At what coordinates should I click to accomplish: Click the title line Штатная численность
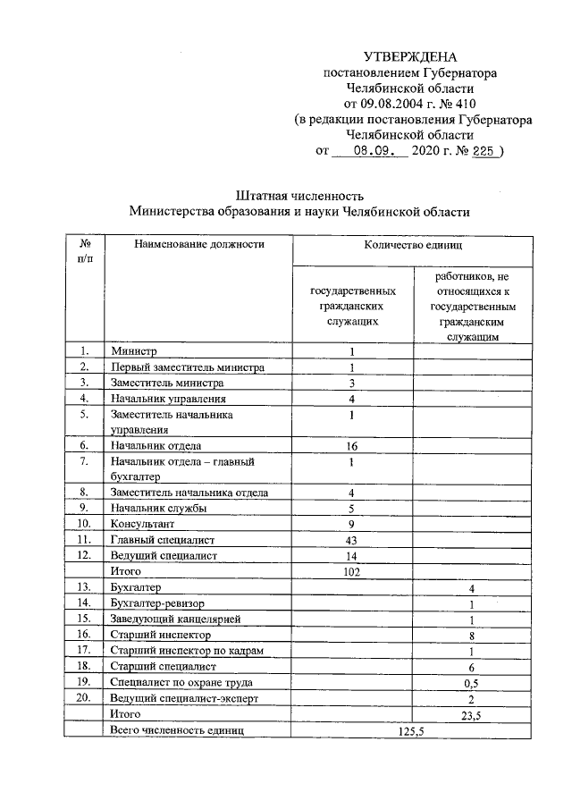[x=299, y=194]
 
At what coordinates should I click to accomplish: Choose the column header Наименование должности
[x=200, y=244]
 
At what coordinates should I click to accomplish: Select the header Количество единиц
[x=412, y=244]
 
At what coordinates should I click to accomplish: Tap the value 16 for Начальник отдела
[x=352, y=445]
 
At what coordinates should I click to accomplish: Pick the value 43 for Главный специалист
[x=352, y=540]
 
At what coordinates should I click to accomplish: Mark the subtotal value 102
[x=352, y=572]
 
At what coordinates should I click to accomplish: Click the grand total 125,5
[x=412, y=731]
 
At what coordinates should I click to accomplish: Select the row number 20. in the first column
[x=84, y=698]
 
